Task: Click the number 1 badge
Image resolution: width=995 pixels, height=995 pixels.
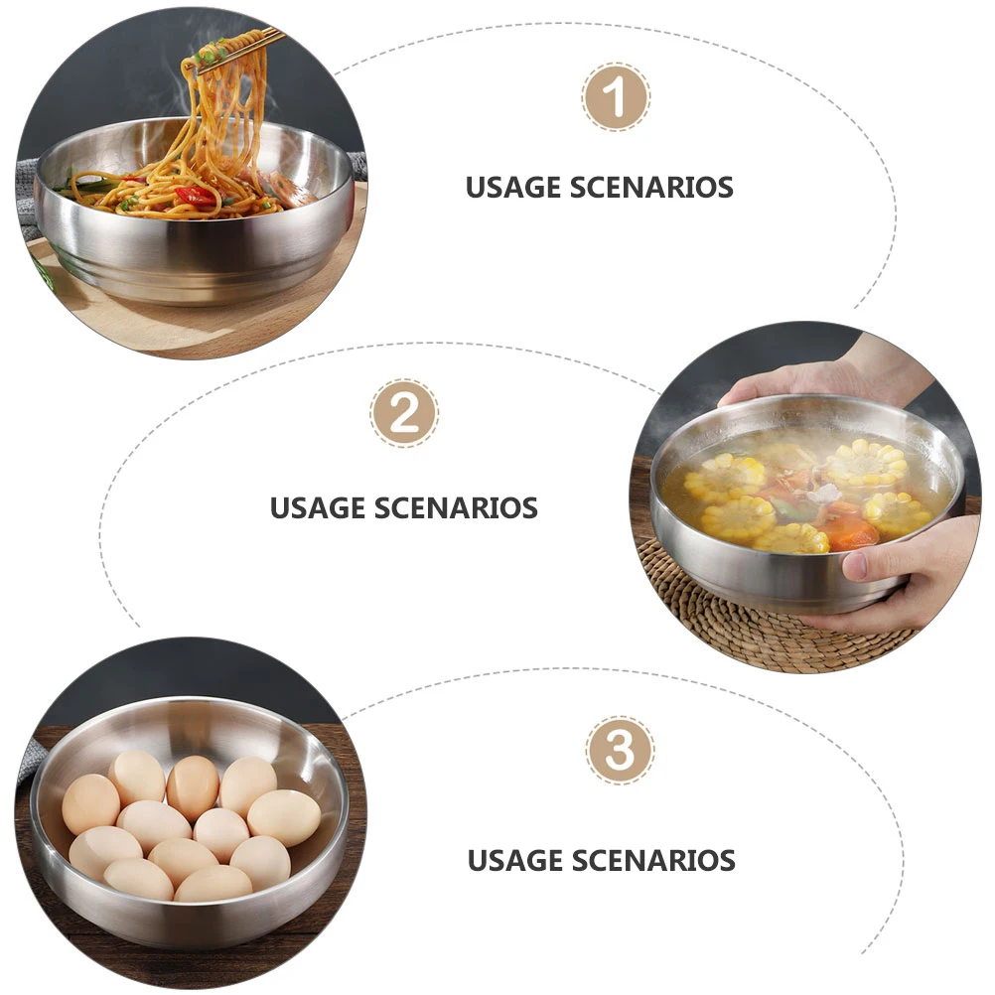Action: [616, 97]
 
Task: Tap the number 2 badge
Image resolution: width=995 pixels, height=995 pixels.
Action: [404, 413]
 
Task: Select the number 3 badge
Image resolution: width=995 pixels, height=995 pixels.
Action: [620, 751]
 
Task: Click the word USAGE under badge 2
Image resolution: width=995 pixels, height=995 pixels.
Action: [320, 508]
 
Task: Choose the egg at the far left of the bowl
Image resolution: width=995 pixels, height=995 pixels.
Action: [90, 803]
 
